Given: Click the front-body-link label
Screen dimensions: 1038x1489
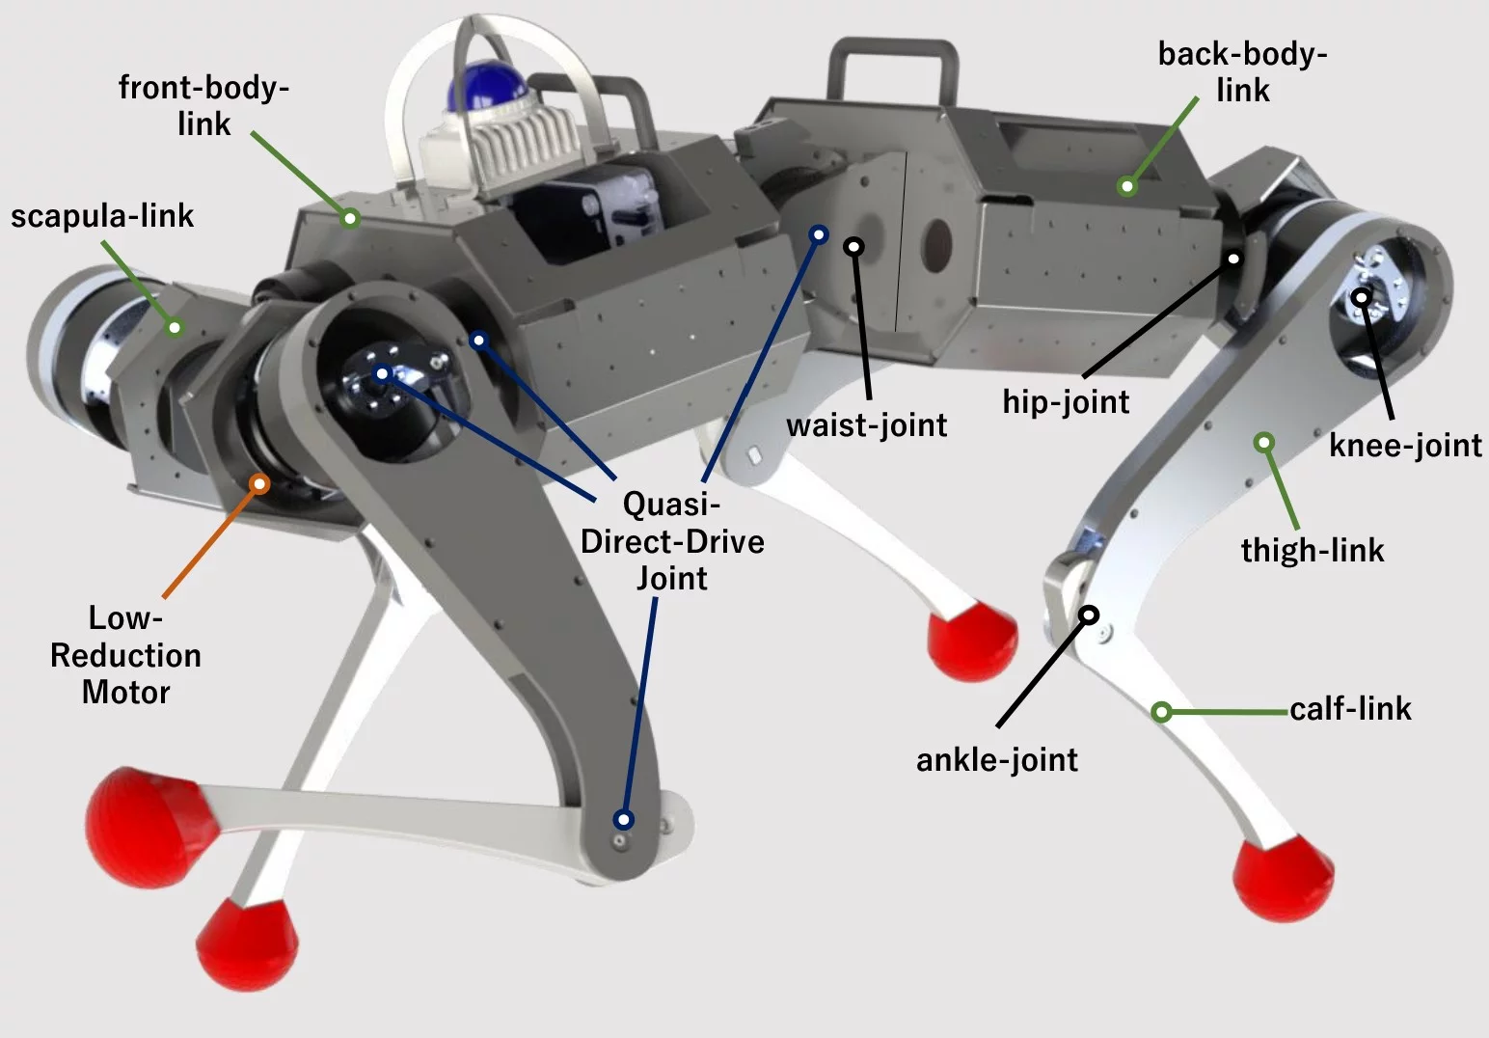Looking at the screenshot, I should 203,105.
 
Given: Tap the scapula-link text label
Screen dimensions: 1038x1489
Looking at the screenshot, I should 102,215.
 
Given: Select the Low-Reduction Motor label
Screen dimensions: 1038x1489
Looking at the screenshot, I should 125,655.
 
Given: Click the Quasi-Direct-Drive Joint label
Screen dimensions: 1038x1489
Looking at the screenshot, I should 672,541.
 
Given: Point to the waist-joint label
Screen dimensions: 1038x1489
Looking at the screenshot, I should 866,424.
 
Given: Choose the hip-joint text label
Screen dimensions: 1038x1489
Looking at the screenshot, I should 1066,401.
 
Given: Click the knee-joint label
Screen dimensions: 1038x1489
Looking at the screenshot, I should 1405,445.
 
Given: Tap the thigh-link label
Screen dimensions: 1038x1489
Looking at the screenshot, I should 1312,550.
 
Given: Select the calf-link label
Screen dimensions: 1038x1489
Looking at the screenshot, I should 1350,709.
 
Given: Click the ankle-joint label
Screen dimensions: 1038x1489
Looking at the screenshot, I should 996,759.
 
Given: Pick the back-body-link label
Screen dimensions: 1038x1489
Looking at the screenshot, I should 1242,71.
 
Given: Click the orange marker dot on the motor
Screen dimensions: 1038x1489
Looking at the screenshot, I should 258,483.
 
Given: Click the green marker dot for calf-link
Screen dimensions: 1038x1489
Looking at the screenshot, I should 1162,713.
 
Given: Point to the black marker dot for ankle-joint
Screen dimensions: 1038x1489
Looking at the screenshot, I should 1089,615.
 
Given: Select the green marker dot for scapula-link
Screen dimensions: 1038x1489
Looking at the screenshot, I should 175,328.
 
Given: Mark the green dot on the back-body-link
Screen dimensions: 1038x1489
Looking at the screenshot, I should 1126,186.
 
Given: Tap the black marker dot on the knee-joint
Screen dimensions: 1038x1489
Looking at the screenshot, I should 1361,296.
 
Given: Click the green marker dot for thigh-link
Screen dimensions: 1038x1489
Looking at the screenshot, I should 1264,443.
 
